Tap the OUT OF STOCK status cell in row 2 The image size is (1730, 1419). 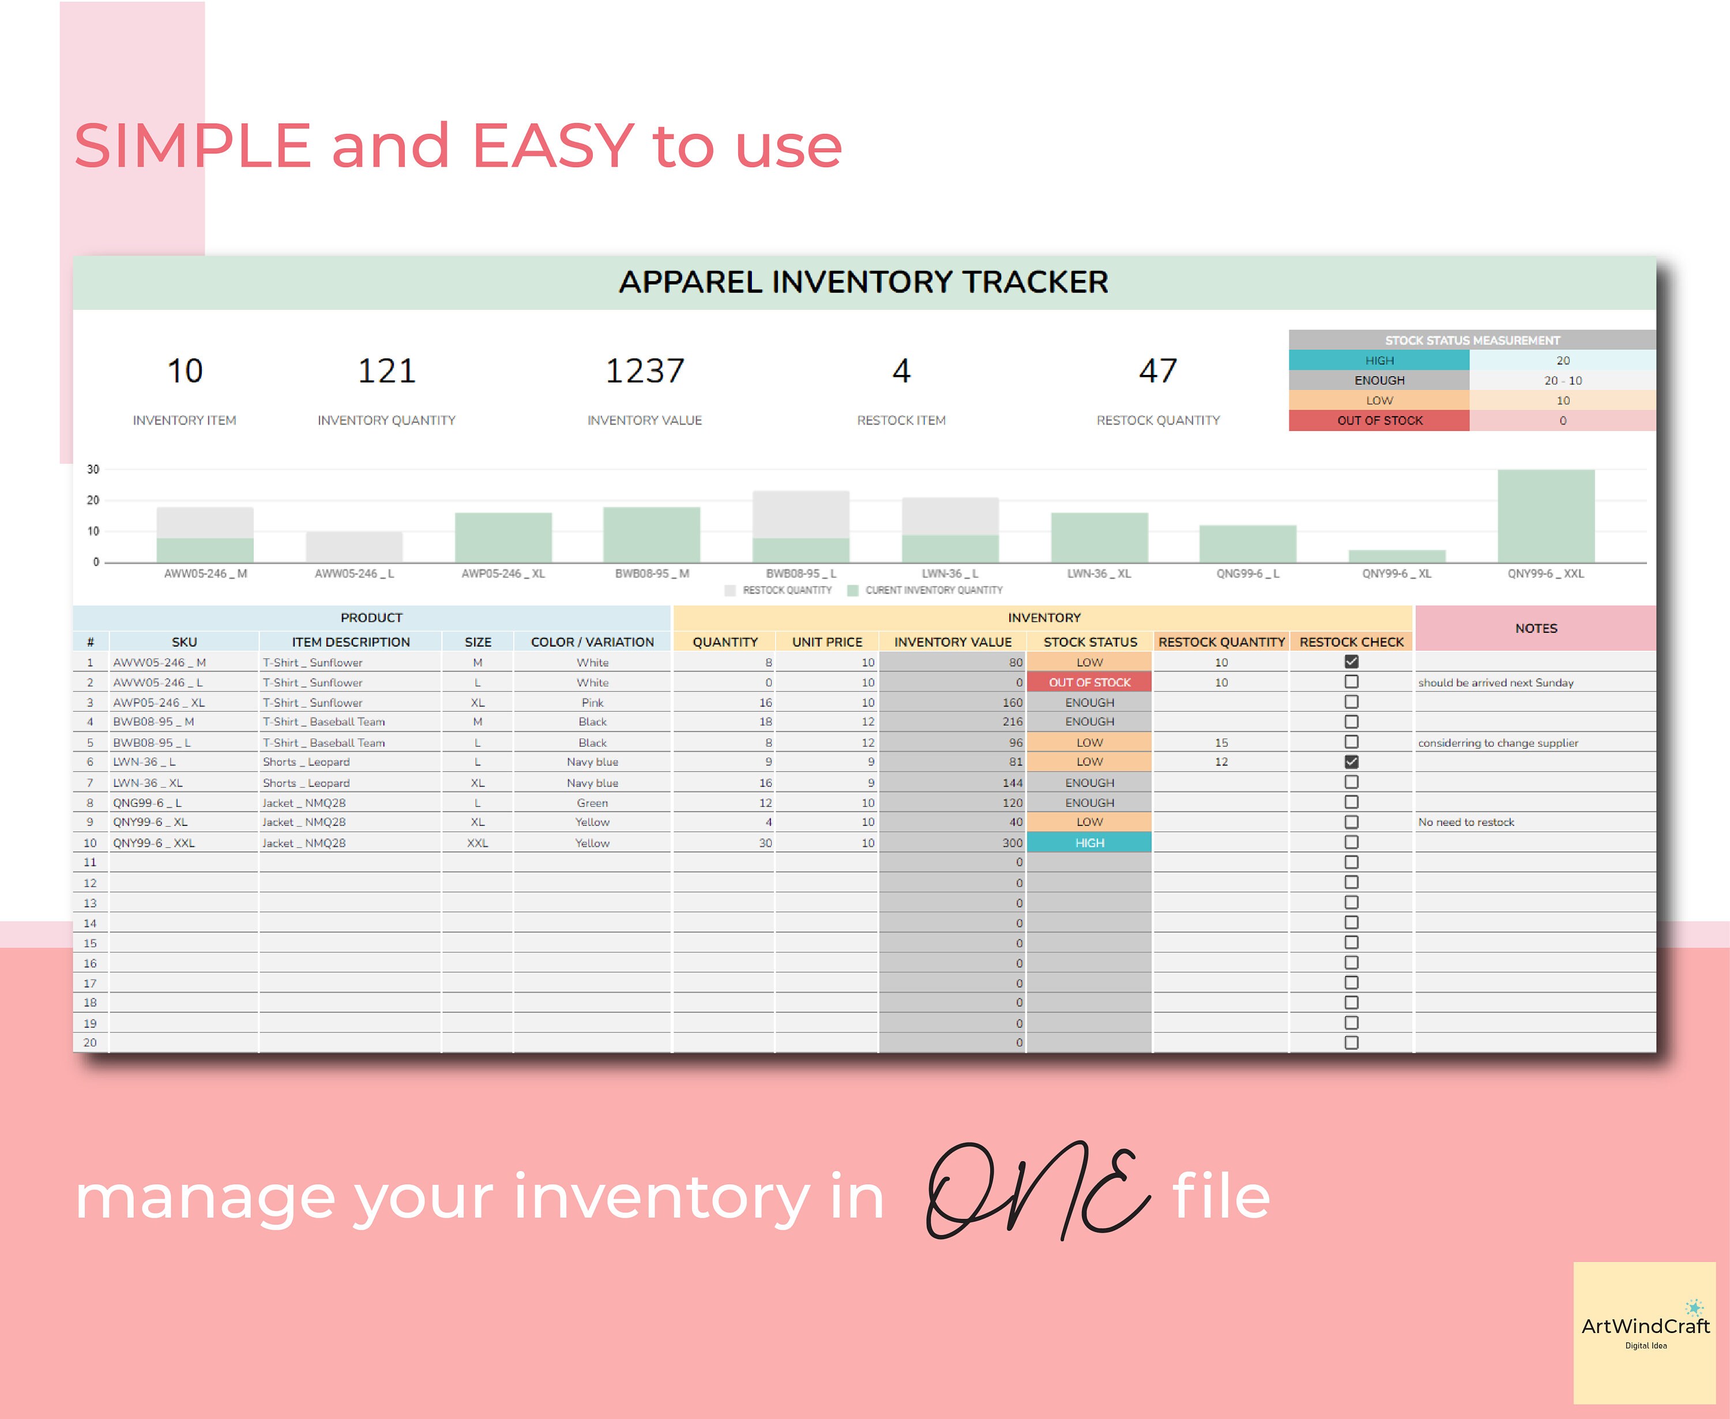(1089, 682)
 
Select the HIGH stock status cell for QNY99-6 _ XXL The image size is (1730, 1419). (1089, 842)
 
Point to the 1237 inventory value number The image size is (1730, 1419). (644, 371)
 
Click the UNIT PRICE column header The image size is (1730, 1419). (826, 641)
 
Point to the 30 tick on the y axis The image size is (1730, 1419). (93, 469)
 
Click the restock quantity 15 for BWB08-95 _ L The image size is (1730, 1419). (1220, 742)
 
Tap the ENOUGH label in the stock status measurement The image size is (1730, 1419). (1379, 380)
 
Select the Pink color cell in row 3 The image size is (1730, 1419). (592, 702)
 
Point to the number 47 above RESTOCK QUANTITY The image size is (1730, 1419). (1157, 371)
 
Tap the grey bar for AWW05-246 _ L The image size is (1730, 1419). (354, 546)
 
